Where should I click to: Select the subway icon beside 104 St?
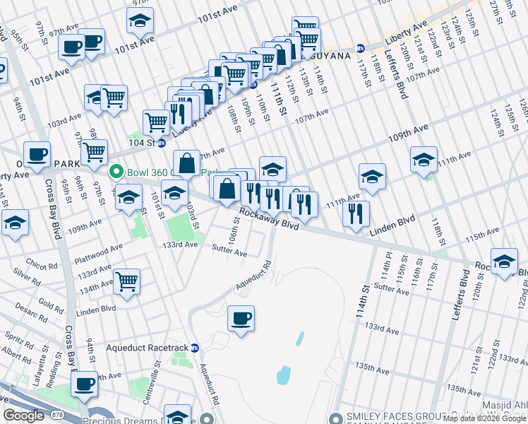(161, 142)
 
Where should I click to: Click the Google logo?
(24, 416)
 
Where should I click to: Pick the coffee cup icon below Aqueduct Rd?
(241, 318)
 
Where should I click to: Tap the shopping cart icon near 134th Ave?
(126, 281)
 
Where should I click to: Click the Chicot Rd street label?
(43, 266)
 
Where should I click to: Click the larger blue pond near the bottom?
(284, 374)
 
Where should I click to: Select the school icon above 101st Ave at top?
(140, 20)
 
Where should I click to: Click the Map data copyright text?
(484, 419)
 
